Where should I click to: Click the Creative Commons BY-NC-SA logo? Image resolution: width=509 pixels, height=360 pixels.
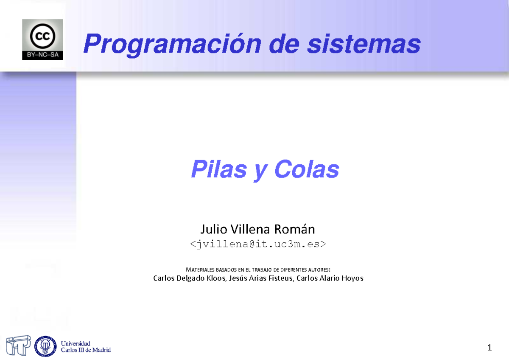[x=42, y=39]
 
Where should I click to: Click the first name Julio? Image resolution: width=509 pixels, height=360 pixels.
[x=214, y=230]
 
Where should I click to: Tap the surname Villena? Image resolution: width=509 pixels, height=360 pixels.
[x=251, y=230]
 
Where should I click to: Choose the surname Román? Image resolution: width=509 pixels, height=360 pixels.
[x=294, y=230]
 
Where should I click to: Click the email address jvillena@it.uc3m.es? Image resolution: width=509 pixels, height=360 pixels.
[x=257, y=244]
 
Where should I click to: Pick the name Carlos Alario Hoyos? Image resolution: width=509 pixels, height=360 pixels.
[x=330, y=278]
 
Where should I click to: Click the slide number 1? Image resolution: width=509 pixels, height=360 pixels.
[x=489, y=348]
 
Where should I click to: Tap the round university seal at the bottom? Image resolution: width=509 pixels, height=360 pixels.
[x=45, y=346]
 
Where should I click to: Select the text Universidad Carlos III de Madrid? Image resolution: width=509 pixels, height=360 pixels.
[x=86, y=346]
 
